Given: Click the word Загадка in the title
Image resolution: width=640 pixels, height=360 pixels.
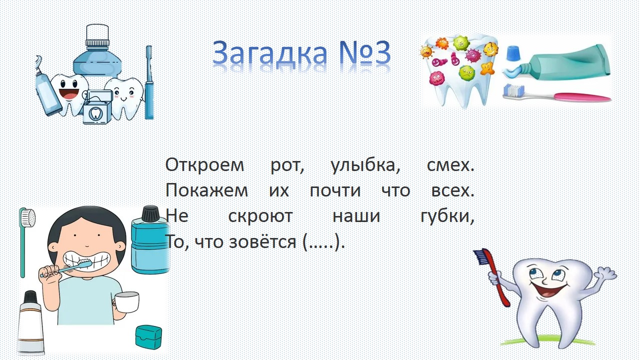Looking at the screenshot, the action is (x=269, y=53).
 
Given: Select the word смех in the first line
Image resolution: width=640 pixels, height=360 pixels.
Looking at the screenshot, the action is (x=450, y=165).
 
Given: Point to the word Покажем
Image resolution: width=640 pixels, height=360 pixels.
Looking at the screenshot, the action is (x=206, y=190).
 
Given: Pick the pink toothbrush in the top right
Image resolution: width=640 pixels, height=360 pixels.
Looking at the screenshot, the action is (x=556, y=93).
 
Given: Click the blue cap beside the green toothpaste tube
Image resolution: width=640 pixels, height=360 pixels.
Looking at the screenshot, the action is (x=513, y=53).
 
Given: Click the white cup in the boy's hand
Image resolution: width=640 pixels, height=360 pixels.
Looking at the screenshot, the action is (x=126, y=302).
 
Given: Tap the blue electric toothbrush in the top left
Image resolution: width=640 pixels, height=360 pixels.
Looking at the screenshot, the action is (x=149, y=82).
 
